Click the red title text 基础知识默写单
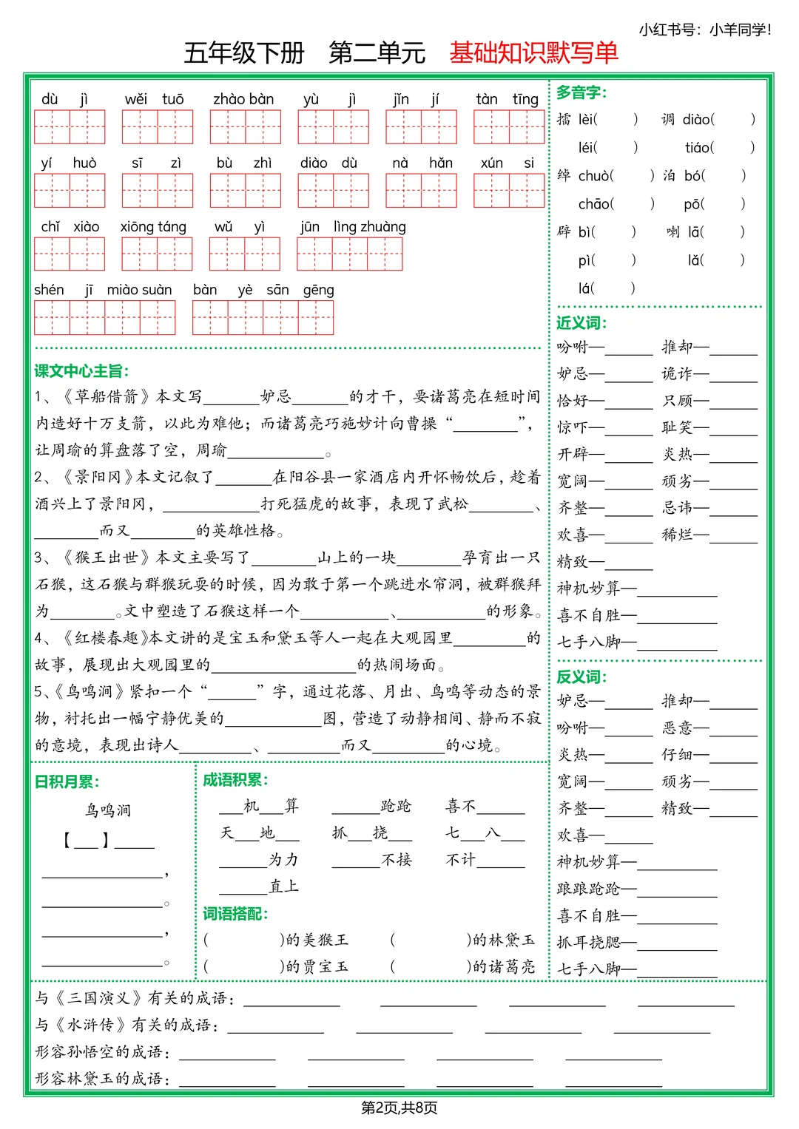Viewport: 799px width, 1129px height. click(x=533, y=52)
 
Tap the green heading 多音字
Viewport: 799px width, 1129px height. click(x=581, y=92)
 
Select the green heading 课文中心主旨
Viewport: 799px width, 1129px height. click(x=81, y=371)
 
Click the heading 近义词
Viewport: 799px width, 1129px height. click(x=581, y=323)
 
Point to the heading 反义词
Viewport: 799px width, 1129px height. click(x=581, y=677)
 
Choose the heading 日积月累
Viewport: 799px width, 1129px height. click(x=67, y=782)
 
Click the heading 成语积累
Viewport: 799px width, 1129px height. click(x=235, y=780)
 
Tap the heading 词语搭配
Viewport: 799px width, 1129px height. click(x=235, y=914)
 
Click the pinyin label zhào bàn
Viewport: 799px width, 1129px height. click(x=243, y=99)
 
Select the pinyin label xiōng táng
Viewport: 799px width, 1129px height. click(x=153, y=227)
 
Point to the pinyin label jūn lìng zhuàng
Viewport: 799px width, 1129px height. click(x=353, y=227)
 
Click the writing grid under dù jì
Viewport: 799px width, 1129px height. click(x=70, y=126)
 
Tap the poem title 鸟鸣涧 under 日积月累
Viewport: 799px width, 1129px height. click(x=108, y=810)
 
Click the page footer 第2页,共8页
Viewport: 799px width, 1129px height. click(x=399, y=1108)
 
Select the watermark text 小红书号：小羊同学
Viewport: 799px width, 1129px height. click(x=704, y=30)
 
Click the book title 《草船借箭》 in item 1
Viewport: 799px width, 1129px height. click(x=103, y=397)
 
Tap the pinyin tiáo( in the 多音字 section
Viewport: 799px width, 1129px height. click(x=699, y=148)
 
